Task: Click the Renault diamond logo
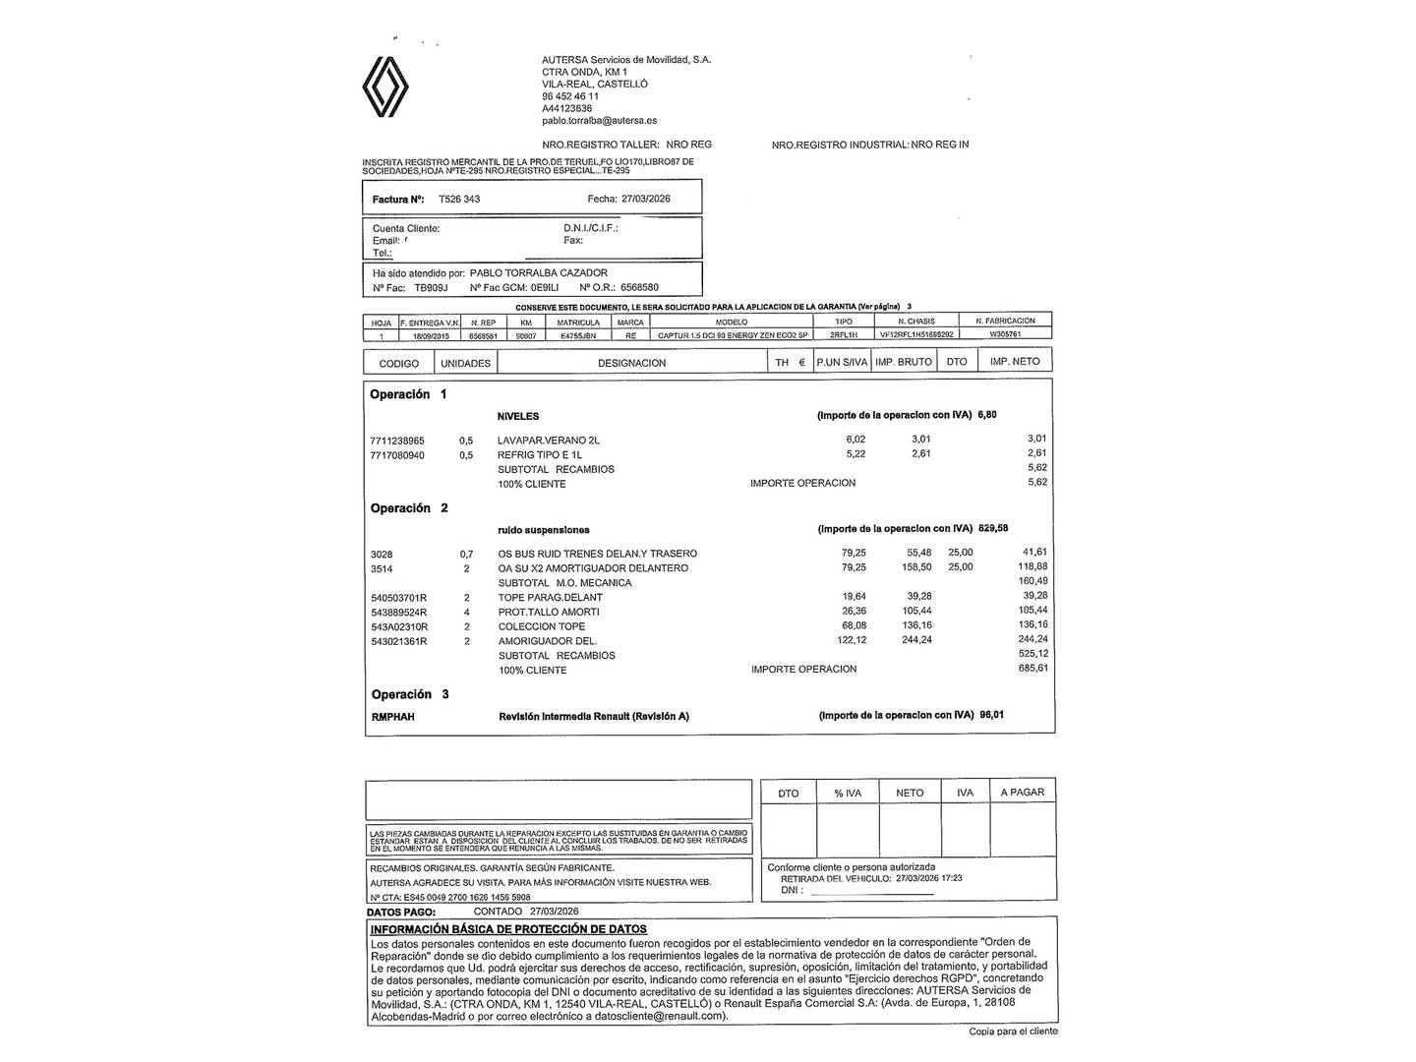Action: click(x=385, y=87)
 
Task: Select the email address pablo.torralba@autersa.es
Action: click(x=599, y=121)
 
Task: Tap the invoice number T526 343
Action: click(x=459, y=199)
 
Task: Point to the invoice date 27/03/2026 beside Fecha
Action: click(x=646, y=199)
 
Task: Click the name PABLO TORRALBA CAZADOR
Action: click(x=539, y=272)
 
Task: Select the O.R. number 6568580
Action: click(x=639, y=288)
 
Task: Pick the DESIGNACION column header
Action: click(x=631, y=363)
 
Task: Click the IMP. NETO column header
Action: click(x=1014, y=362)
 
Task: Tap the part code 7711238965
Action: click(x=397, y=441)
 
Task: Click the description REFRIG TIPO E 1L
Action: click(x=540, y=455)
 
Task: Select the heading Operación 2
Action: click(x=409, y=508)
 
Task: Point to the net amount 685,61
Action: click(x=1032, y=669)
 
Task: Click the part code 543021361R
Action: click(x=399, y=641)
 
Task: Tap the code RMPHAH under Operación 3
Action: click(x=393, y=717)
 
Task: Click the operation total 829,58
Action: click(x=993, y=528)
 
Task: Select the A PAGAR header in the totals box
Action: click(x=1022, y=793)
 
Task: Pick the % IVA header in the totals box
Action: click(x=848, y=793)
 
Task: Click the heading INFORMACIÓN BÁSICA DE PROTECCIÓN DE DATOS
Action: click(x=508, y=929)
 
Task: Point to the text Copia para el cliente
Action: click(x=1013, y=1032)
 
